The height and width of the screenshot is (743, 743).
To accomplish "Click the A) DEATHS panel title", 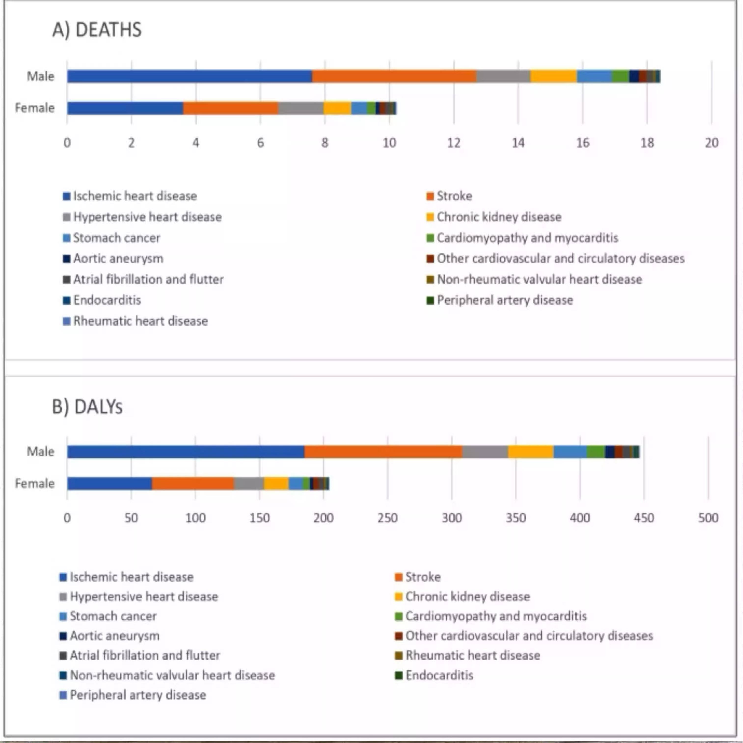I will click(97, 30).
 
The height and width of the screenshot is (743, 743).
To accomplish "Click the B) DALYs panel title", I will click(87, 406).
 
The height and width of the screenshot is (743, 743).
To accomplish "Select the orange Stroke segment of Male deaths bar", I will click(394, 76).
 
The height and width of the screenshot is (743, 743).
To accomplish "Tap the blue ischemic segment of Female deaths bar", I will click(125, 108).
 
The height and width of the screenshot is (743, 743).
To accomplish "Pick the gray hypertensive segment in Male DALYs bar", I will click(485, 451).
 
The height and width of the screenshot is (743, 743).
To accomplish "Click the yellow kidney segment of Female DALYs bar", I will click(276, 483).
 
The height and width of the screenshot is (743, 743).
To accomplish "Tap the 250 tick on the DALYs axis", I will click(387, 518).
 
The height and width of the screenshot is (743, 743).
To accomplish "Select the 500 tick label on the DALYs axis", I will click(708, 518).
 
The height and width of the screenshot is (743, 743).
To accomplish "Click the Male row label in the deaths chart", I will click(41, 76).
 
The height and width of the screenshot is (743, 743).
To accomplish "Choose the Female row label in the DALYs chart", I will click(35, 483).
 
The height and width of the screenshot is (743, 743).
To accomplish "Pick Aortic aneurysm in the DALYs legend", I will click(115, 636).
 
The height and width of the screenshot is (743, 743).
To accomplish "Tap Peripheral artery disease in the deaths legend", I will click(505, 300).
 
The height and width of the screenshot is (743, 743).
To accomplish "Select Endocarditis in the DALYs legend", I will click(439, 675).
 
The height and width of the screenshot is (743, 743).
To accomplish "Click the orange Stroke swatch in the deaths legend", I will click(430, 196).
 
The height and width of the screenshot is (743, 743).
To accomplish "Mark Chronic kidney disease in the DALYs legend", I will click(468, 596).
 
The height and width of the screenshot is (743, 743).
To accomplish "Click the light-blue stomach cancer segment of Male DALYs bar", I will click(570, 451).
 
